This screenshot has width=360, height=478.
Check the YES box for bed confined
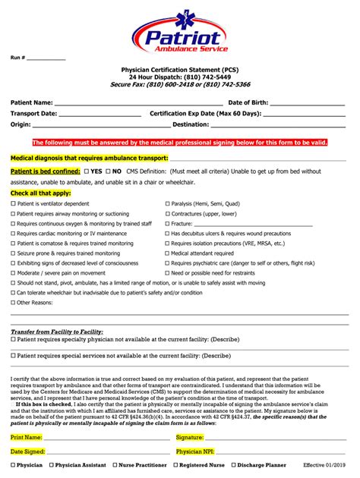pyautogui.click(x=87, y=171)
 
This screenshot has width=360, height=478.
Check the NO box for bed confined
pyautogui.click(x=108, y=171)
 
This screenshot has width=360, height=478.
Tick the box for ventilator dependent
pyautogui.click(x=13, y=204)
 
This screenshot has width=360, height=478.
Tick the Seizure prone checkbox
pyautogui.click(x=13, y=253)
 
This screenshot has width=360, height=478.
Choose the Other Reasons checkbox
pyautogui.click(x=13, y=302)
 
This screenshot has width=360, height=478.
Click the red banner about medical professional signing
pyautogui.click(x=179, y=142)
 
